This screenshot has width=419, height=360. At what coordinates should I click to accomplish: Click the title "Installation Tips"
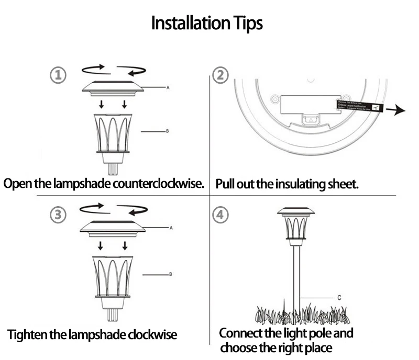[x=207, y=24]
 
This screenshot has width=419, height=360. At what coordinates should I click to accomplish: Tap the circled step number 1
[x=58, y=75]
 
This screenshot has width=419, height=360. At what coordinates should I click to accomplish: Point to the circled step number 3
[x=58, y=215]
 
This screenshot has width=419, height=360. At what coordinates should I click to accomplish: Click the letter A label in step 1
[x=168, y=88]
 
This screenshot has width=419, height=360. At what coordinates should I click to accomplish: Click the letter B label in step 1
[x=167, y=131]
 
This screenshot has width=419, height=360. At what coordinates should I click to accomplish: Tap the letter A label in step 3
[x=171, y=228]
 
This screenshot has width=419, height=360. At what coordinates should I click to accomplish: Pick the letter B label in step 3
[x=171, y=274]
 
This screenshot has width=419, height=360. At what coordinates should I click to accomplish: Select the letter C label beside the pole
[x=339, y=297]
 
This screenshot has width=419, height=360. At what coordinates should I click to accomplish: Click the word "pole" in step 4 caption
[x=317, y=333]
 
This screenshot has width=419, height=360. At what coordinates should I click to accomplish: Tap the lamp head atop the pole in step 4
[x=296, y=226]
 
